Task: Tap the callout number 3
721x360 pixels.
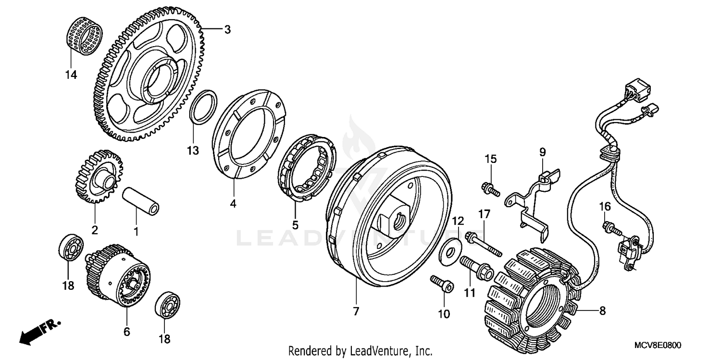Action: tap(227, 30)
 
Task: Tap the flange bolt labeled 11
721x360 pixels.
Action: tap(475, 267)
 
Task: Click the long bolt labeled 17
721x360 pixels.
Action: tap(484, 244)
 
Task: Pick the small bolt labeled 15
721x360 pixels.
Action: tap(490, 189)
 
